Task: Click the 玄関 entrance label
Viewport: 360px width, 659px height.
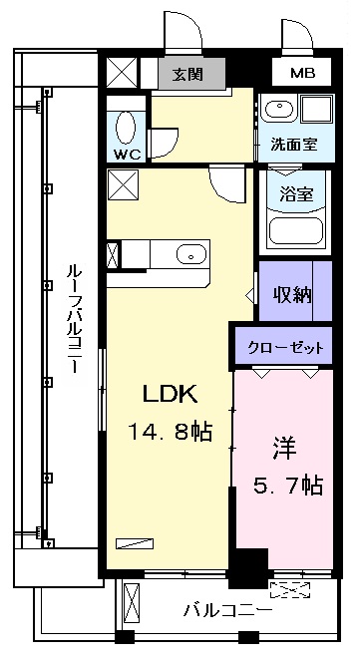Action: (187, 74)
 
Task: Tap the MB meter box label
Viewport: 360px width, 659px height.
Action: (303, 73)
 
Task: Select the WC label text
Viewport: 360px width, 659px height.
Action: (127, 155)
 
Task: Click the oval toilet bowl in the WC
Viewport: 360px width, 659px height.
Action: (126, 129)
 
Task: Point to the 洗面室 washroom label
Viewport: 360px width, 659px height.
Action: (294, 145)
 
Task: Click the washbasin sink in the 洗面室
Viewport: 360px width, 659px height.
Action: (279, 110)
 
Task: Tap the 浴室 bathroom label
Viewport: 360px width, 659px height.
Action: (297, 195)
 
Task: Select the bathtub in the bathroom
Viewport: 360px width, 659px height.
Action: (296, 230)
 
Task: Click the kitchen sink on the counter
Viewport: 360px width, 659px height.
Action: (191, 254)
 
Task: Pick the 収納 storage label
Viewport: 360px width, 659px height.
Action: (293, 295)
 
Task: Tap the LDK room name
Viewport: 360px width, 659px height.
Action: (170, 394)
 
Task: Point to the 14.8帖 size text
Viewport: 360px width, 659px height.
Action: (171, 431)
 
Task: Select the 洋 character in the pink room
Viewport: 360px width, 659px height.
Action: (285, 449)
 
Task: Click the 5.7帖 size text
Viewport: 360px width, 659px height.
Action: (287, 486)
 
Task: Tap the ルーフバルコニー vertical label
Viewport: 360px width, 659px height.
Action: (74, 319)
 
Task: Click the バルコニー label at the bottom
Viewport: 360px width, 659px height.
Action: (227, 609)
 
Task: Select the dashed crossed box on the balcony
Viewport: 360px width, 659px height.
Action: (290, 589)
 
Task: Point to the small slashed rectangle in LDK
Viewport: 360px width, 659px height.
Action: (135, 543)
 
